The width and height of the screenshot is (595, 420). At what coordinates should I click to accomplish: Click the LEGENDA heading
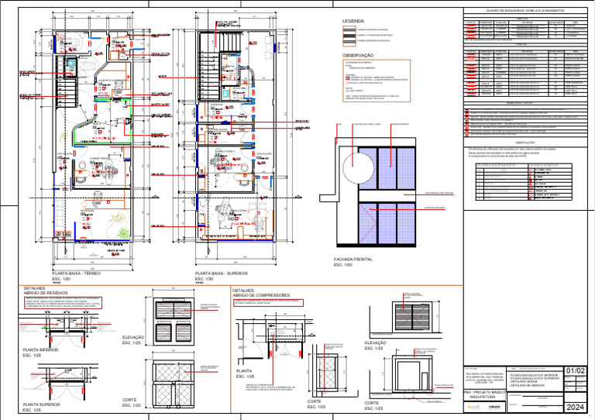pyautogui.click(x=353, y=21)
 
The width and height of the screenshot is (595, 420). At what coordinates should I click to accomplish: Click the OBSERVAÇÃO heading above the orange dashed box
pyautogui.click(x=358, y=56)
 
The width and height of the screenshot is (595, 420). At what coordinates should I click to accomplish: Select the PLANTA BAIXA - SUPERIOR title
pyautogui.click(x=221, y=274)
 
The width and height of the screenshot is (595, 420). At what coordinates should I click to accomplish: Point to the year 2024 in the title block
pyautogui.click(x=576, y=407)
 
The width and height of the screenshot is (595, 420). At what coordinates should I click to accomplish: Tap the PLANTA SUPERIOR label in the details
pyautogui.click(x=42, y=405)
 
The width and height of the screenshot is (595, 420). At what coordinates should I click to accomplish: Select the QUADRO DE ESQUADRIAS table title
pyautogui.click(x=524, y=11)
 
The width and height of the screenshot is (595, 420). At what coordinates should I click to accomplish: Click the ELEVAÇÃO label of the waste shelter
pyautogui.click(x=132, y=338)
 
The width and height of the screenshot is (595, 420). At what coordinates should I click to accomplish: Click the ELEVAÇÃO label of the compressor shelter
pyautogui.click(x=376, y=343)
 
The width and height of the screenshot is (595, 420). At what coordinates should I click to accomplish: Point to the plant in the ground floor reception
pyautogui.click(x=121, y=220)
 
